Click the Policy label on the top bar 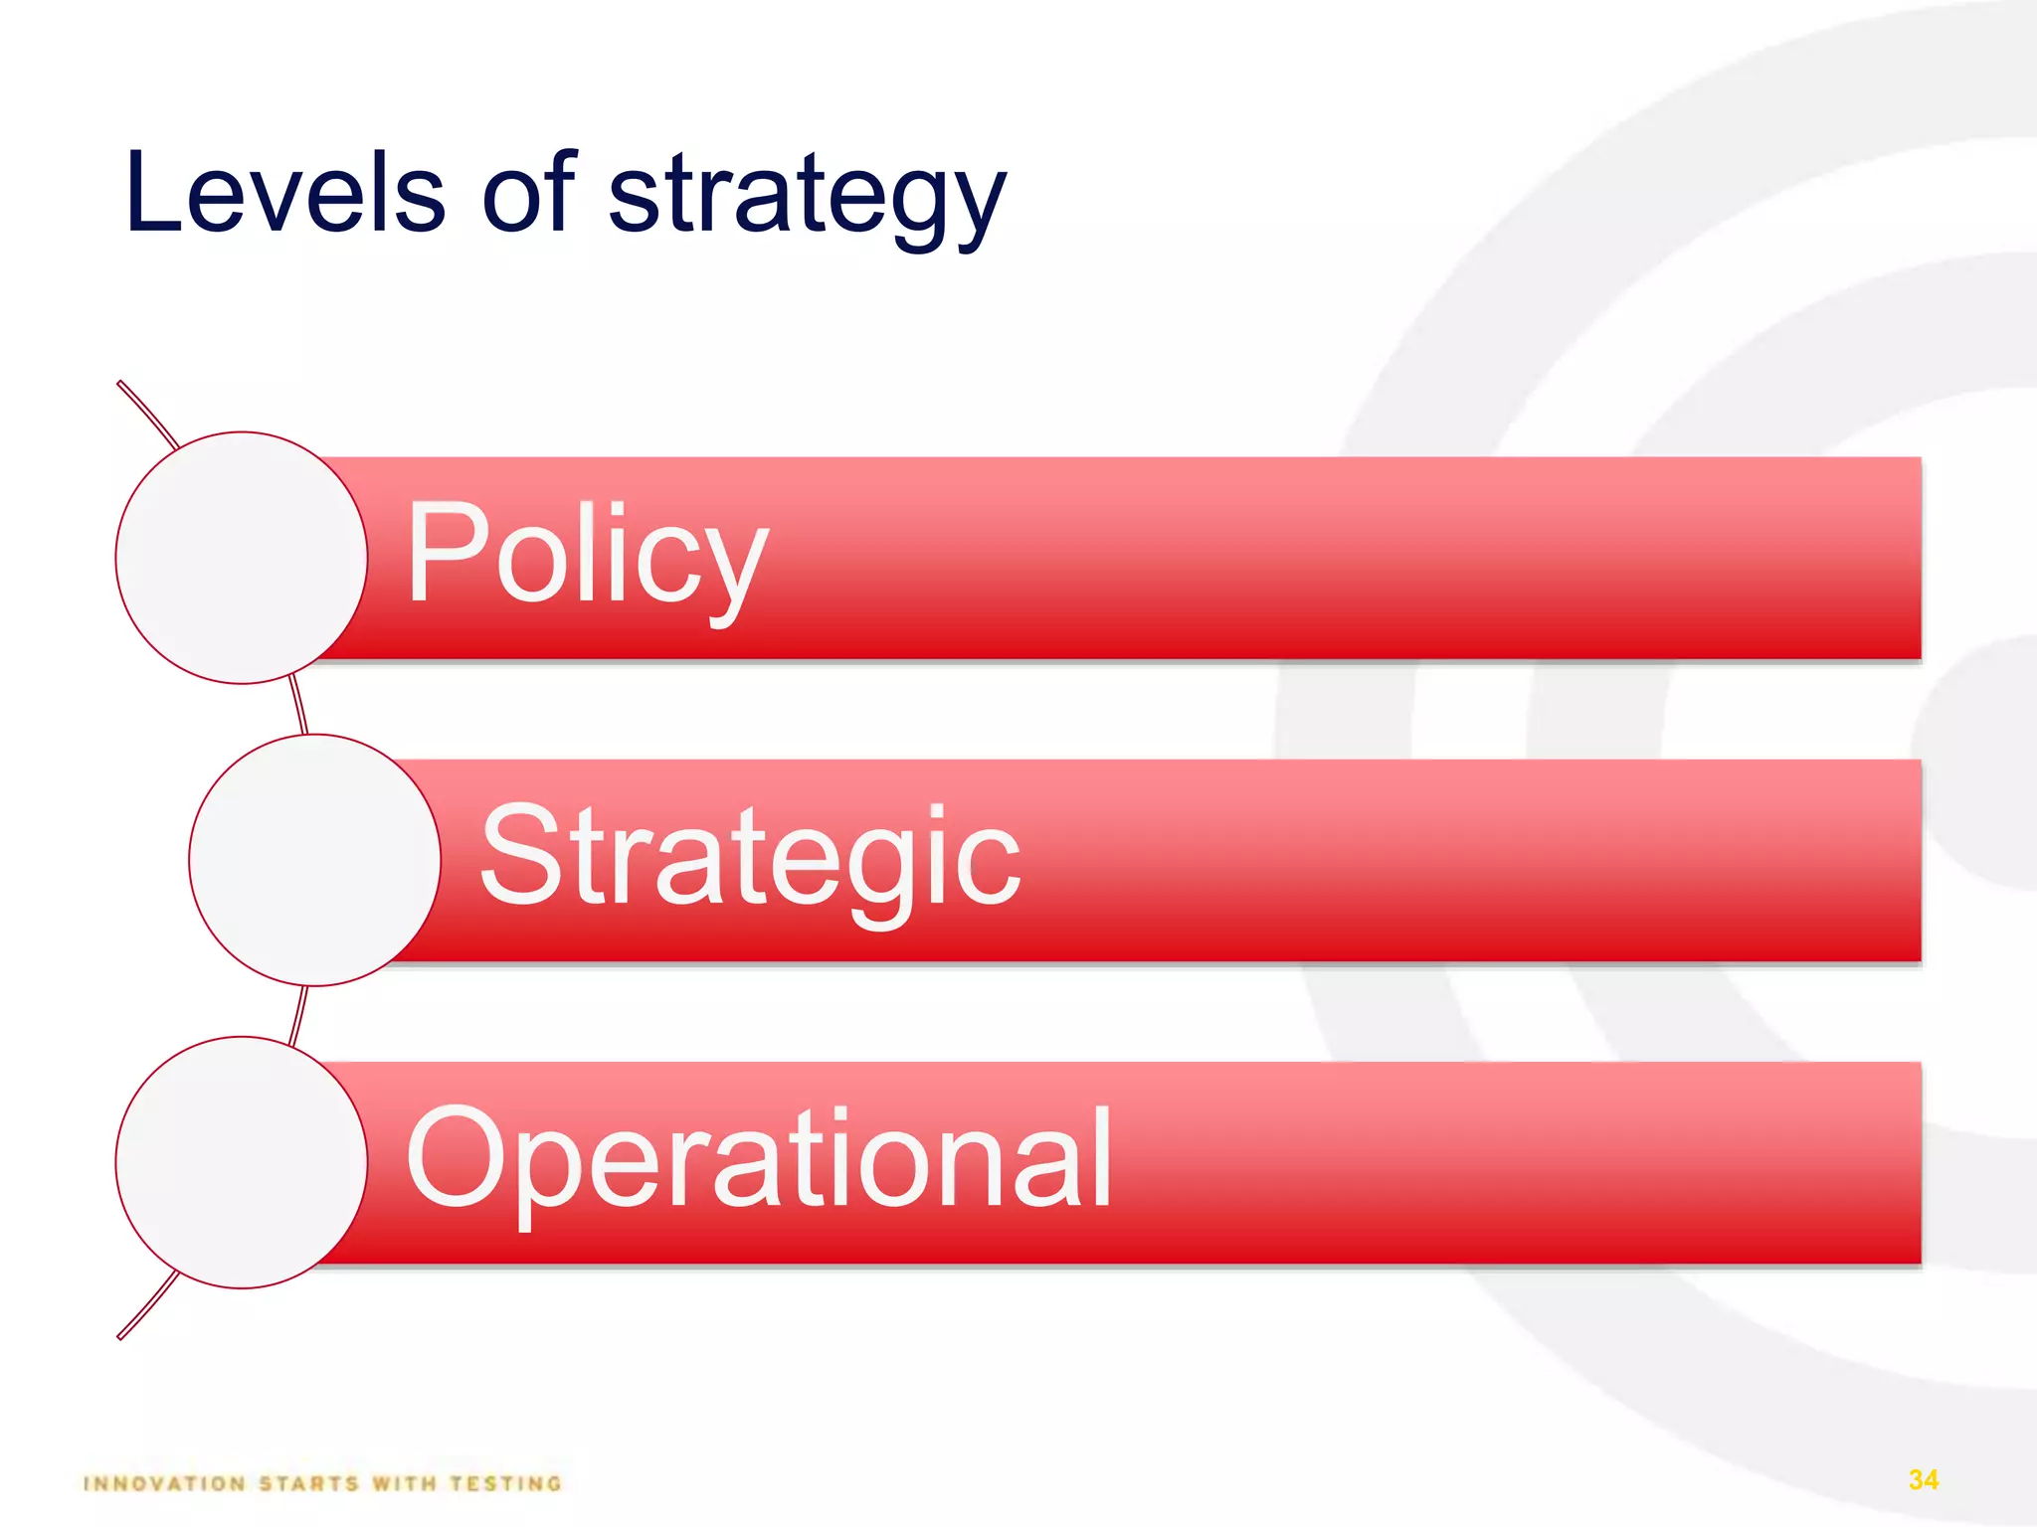pyautogui.click(x=587, y=555)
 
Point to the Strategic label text pyautogui.click(x=750, y=857)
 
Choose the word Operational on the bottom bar pyautogui.click(x=758, y=1159)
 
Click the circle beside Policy pyautogui.click(x=242, y=558)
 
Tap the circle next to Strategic pyautogui.click(x=314, y=860)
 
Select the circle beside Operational pyautogui.click(x=242, y=1162)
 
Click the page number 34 pyautogui.click(x=1924, y=1479)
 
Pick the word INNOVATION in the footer pyautogui.click(x=165, y=1484)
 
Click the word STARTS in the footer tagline pyautogui.click(x=308, y=1484)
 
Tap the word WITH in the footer pyautogui.click(x=404, y=1484)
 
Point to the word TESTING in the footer pyautogui.click(x=506, y=1484)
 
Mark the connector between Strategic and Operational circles pyautogui.click(x=298, y=1013)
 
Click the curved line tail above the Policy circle pyautogui.click(x=147, y=412)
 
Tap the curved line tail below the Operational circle pyautogui.click(x=147, y=1306)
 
